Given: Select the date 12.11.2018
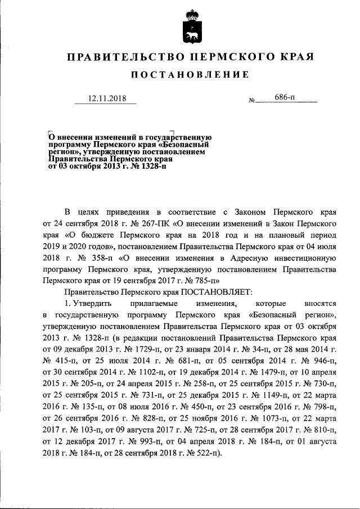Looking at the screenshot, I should tap(106, 99).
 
